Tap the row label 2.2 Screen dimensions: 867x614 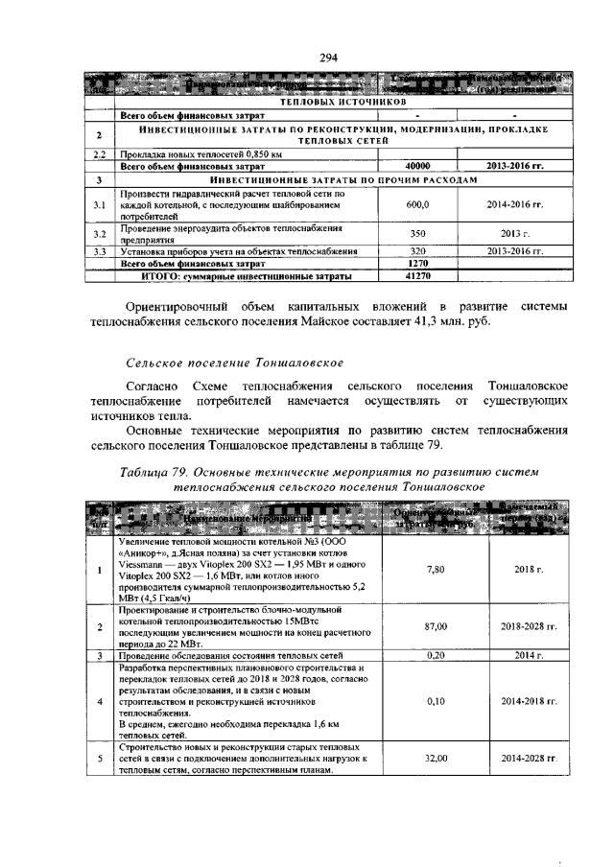(x=99, y=153)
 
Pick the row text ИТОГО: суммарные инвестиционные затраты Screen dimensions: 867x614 (x=248, y=276)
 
